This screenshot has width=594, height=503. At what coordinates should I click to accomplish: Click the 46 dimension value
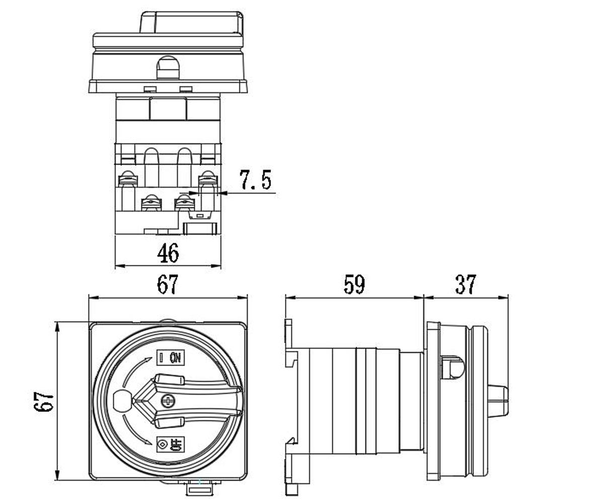(x=168, y=253)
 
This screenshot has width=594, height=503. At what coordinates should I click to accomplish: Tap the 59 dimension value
(x=354, y=285)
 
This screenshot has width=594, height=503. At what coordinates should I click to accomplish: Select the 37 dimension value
(x=465, y=285)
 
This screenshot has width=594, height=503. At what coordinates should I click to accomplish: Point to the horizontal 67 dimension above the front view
(x=168, y=285)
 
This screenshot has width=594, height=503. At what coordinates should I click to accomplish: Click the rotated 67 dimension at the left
(x=45, y=401)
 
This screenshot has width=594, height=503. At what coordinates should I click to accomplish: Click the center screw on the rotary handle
(x=167, y=401)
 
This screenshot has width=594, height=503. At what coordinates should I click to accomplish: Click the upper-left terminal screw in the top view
(x=128, y=178)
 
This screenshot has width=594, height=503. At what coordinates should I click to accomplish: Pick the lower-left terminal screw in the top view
(x=151, y=203)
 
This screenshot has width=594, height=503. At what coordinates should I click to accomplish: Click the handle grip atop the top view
(x=191, y=22)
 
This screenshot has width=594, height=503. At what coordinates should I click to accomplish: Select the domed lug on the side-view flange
(x=452, y=367)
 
